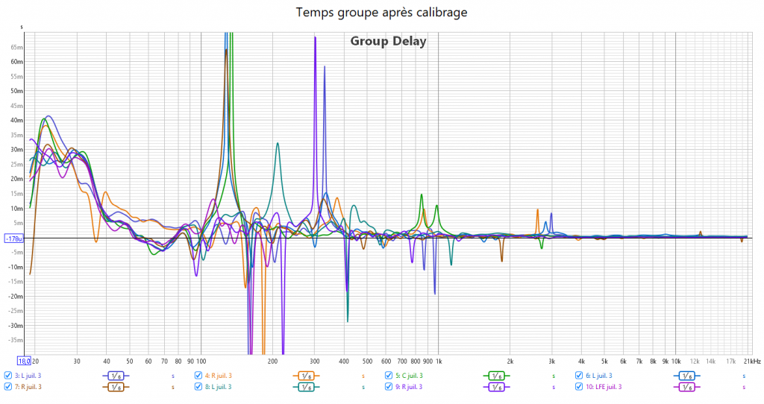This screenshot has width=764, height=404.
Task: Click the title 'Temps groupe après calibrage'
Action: pyautogui.click(x=382, y=13)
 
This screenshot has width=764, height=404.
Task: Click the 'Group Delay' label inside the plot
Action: pyautogui.click(x=388, y=41)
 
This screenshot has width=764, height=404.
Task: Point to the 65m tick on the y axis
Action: pyautogui.click(x=17, y=46)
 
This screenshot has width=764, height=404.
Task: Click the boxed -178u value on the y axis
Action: pyautogui.click(x=14, y=239)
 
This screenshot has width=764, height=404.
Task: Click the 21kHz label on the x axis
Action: pyautogui.click(x=752, y=361)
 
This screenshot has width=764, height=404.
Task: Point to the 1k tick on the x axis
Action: pyautogui.click(x=438, y=361)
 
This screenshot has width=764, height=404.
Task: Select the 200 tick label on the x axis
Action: pyautogui.click(x=272, y=361)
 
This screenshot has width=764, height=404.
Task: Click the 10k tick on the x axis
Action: pyautogui.click(x=676, y=361)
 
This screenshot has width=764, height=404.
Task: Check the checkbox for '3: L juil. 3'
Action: pyautogui.click(x=8, y=376)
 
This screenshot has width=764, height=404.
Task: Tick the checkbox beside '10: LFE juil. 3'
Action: pyautogui.click(x=580, y=387)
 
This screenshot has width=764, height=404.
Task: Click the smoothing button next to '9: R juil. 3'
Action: pyautogui.click(x=497, y=387)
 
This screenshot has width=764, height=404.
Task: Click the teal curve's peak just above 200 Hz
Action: pyautogui.click(x=278, y=143)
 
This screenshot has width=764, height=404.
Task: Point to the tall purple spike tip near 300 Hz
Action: pyautogui.click(x=316, y=37)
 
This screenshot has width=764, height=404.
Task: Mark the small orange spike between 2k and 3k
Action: pyautogui.click(x=537, y=210)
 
